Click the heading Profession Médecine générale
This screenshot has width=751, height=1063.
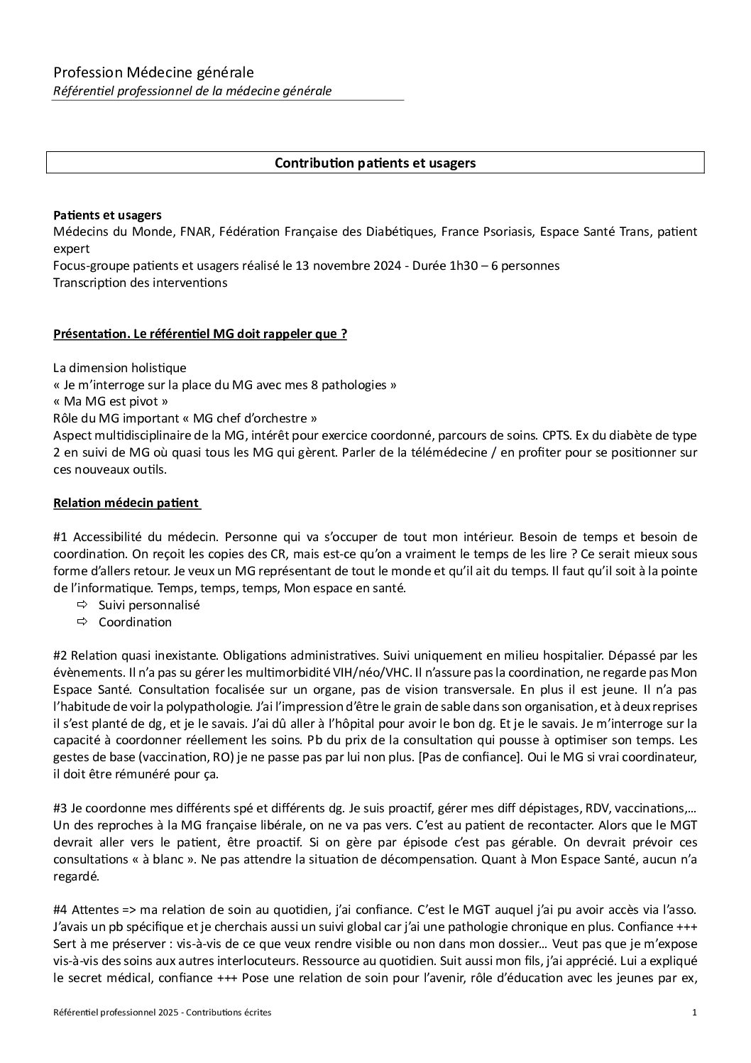click(153, 72)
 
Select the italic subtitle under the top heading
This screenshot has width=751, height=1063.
click(192, 91)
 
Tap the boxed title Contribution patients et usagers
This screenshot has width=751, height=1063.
click(375, 163)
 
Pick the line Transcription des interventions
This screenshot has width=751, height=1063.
click(140, 283)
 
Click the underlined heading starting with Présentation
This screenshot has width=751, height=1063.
click(200, 334)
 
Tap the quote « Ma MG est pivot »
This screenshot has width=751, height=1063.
click(111, 402)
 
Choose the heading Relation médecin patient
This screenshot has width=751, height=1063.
click(126, 503)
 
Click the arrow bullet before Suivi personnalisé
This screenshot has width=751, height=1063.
click(82, 605)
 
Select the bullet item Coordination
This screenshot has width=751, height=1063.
click(135, 622)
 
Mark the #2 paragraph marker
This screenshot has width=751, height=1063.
click(60, 656)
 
